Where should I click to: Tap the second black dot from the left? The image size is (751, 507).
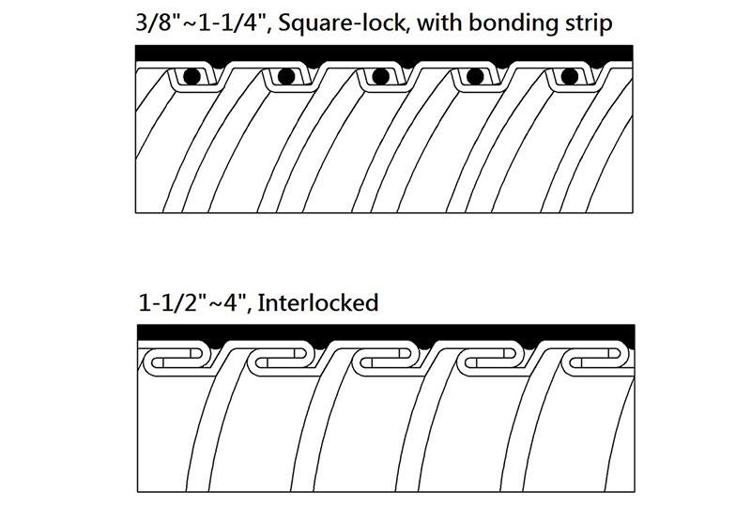click(x=285, y=76)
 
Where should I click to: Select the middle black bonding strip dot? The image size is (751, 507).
click(x=380, y=76)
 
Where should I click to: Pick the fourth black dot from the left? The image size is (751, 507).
click(x=475, y=76)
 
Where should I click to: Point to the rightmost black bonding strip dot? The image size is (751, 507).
click(x=570, y=76)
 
